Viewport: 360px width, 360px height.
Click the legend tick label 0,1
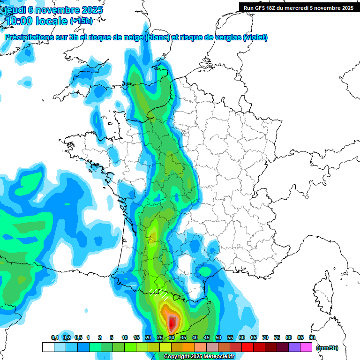[55, 338]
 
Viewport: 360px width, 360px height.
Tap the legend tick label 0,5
[78, 338]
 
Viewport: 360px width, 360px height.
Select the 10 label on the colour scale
[125, 338]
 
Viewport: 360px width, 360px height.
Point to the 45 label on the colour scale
[207, 338]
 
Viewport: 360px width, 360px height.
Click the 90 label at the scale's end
[312, 338]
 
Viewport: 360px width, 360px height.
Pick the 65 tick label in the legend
[254, 338]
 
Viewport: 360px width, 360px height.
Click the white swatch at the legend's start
[48, 347]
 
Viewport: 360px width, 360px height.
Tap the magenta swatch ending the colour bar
[306, 347]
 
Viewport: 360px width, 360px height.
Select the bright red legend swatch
[247, 347]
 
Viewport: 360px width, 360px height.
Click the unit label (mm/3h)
[327, 348]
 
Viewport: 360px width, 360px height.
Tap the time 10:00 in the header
[21, 21]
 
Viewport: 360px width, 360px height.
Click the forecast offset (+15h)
[81, 21]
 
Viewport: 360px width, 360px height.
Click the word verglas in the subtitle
[225, 37]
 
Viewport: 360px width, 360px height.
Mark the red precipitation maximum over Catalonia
[172, 322]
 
